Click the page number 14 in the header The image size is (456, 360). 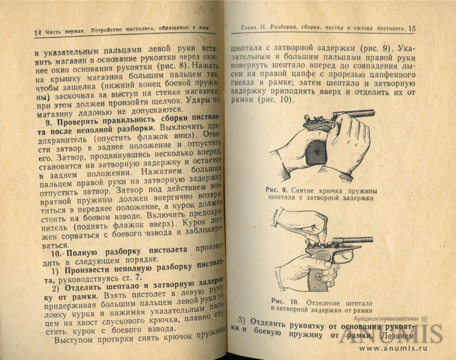[x=37, y=32]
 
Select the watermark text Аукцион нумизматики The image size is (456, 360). [x=386, y=319]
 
